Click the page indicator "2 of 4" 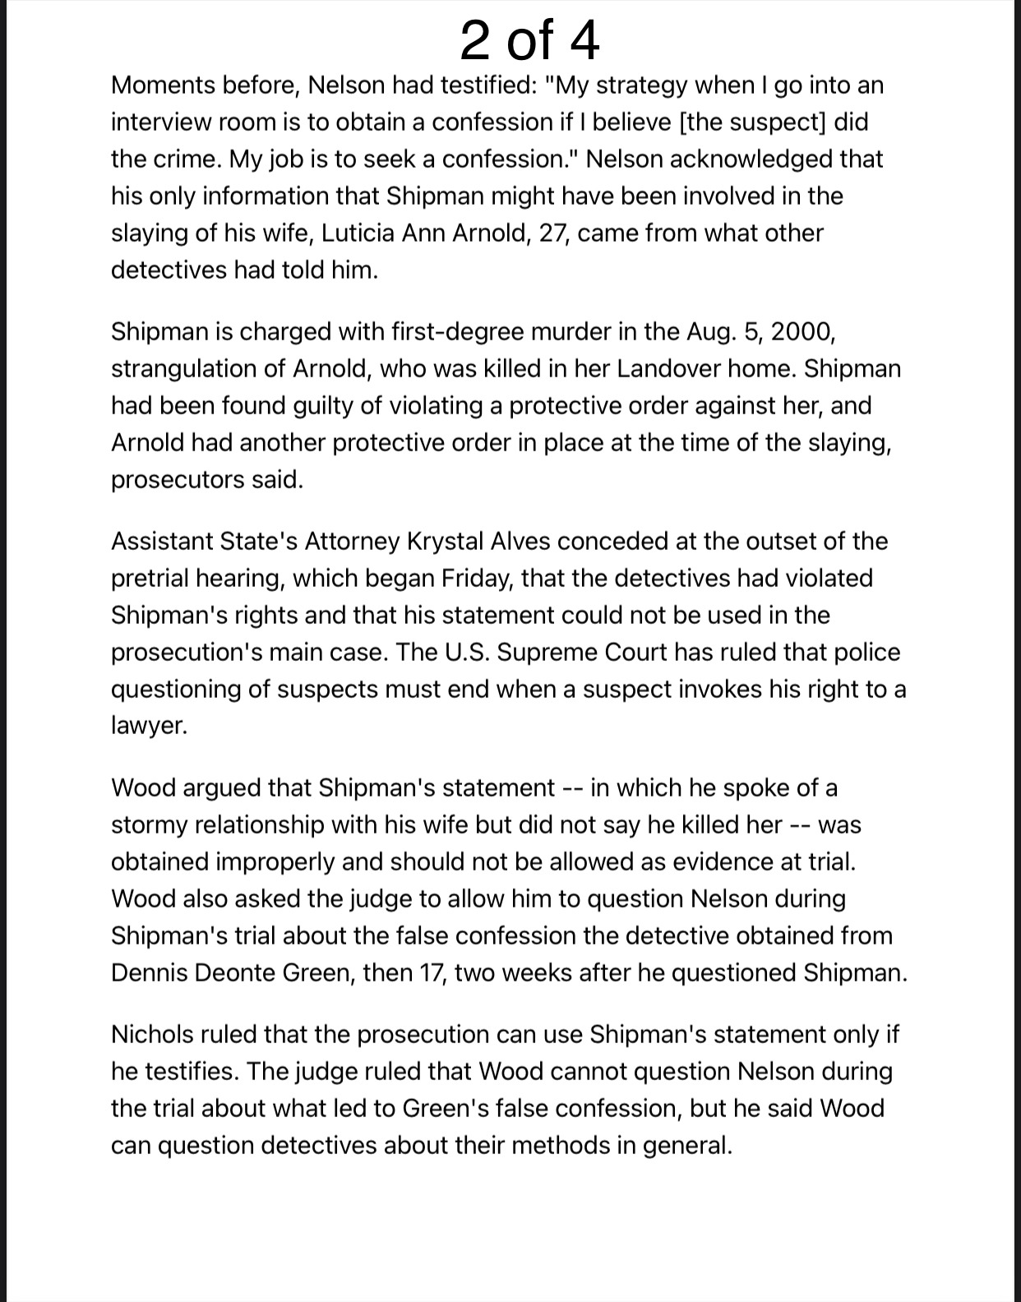529,40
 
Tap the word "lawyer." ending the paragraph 150,727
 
